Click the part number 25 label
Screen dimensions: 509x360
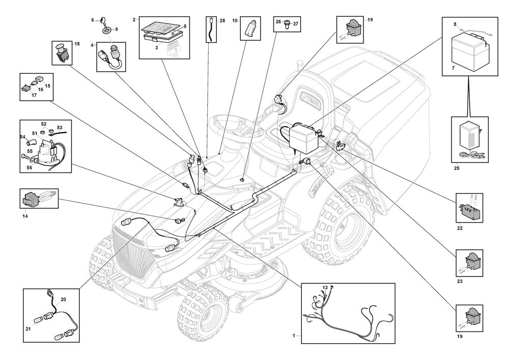coord(457,168)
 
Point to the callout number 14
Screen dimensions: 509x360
coord(25,215)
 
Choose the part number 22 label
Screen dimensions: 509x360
coord(460,228)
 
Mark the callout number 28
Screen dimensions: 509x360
coord(222,21)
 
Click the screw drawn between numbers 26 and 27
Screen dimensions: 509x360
coord(287,24)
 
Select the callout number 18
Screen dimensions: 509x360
coord(77,44)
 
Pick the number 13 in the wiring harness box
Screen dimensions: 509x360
coord(325,288)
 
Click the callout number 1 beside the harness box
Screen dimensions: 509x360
coord(294,336)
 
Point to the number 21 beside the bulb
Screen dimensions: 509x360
coord(28,329)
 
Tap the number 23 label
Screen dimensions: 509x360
coord(460,281)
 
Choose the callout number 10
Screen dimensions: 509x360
coord(235,21)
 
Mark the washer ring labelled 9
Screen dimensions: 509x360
coord(105,31)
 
